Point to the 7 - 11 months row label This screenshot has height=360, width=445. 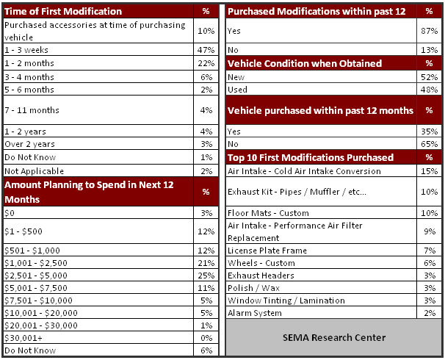(x=32, y=110)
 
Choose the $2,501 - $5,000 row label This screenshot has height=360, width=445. (x=37, y=275)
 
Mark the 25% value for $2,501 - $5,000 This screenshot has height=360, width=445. (x=206, y=275)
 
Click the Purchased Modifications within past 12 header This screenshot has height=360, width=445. (x=315, y=11)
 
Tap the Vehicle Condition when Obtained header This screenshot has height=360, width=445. (x=305, y=63)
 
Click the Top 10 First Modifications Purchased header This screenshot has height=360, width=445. (x=311, y=157)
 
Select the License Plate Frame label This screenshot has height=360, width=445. (x=267, y=251)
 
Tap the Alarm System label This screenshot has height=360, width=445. (x=256, y=312)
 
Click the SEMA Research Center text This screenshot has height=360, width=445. (x=333, y=337)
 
